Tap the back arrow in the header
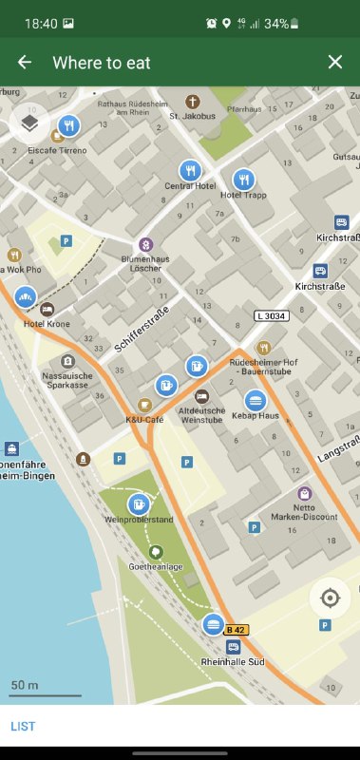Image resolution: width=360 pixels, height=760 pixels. (25, 62)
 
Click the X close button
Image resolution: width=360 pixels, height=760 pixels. (334, 62)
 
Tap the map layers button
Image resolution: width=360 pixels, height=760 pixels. (29, 123)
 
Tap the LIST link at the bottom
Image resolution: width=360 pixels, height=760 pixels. (24, 726)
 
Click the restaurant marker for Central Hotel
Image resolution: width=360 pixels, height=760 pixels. (191, 171)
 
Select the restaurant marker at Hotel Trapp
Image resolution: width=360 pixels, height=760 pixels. (244, 179)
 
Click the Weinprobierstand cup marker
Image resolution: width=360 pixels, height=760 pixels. (140, 503)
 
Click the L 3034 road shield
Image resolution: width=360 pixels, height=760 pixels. (271, 315)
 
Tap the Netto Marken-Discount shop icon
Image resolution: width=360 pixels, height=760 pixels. (304, 493)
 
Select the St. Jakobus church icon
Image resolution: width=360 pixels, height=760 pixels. (193, 102)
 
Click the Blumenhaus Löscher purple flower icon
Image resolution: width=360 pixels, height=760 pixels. (145, 244)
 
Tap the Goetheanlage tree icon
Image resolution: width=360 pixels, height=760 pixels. (155, 552)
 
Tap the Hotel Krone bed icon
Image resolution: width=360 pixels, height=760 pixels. (47, 310)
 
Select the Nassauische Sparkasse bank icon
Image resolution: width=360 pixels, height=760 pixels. (67, 361)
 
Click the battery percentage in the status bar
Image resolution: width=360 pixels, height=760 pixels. (276, 23)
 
